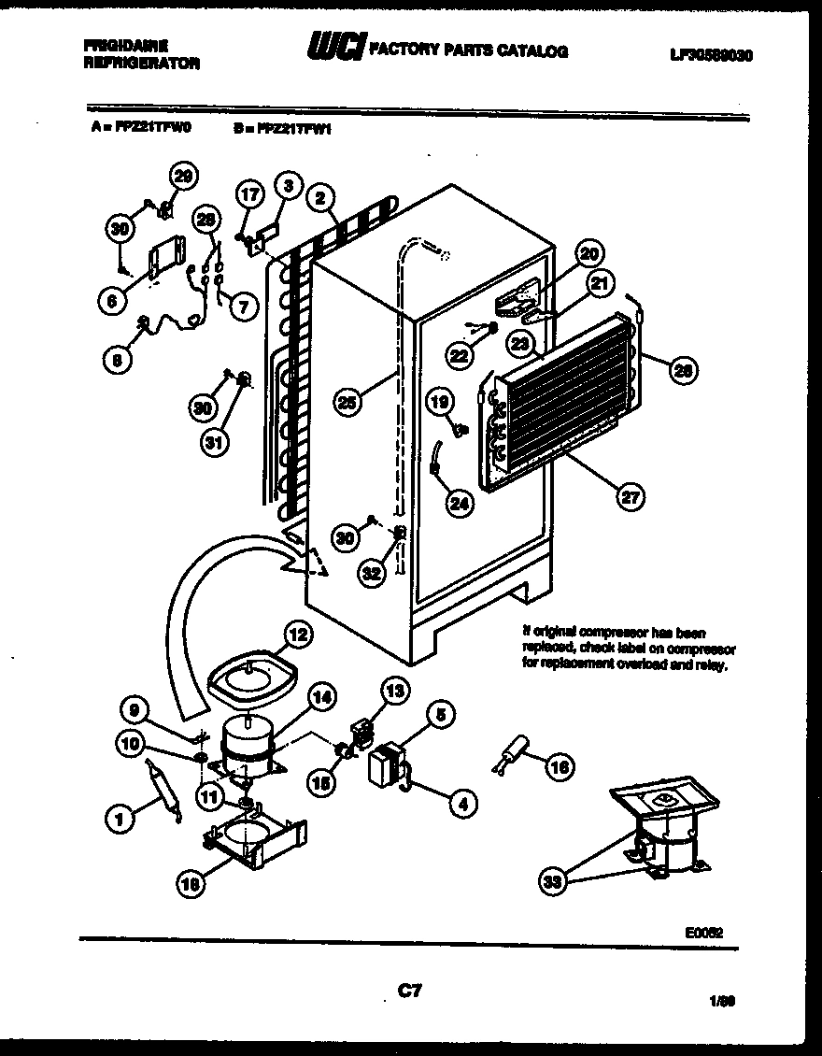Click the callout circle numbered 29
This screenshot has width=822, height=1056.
point(184,177)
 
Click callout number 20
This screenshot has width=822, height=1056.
point(589,252)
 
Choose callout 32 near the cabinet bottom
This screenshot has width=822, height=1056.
point(372,575)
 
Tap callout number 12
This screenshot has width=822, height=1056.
point(296,635)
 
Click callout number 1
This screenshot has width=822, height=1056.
point(120,821)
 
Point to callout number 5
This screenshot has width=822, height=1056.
point(440,716)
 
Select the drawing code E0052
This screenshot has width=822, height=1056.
point(704,932)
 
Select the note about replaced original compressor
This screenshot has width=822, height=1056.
point(629,649)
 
